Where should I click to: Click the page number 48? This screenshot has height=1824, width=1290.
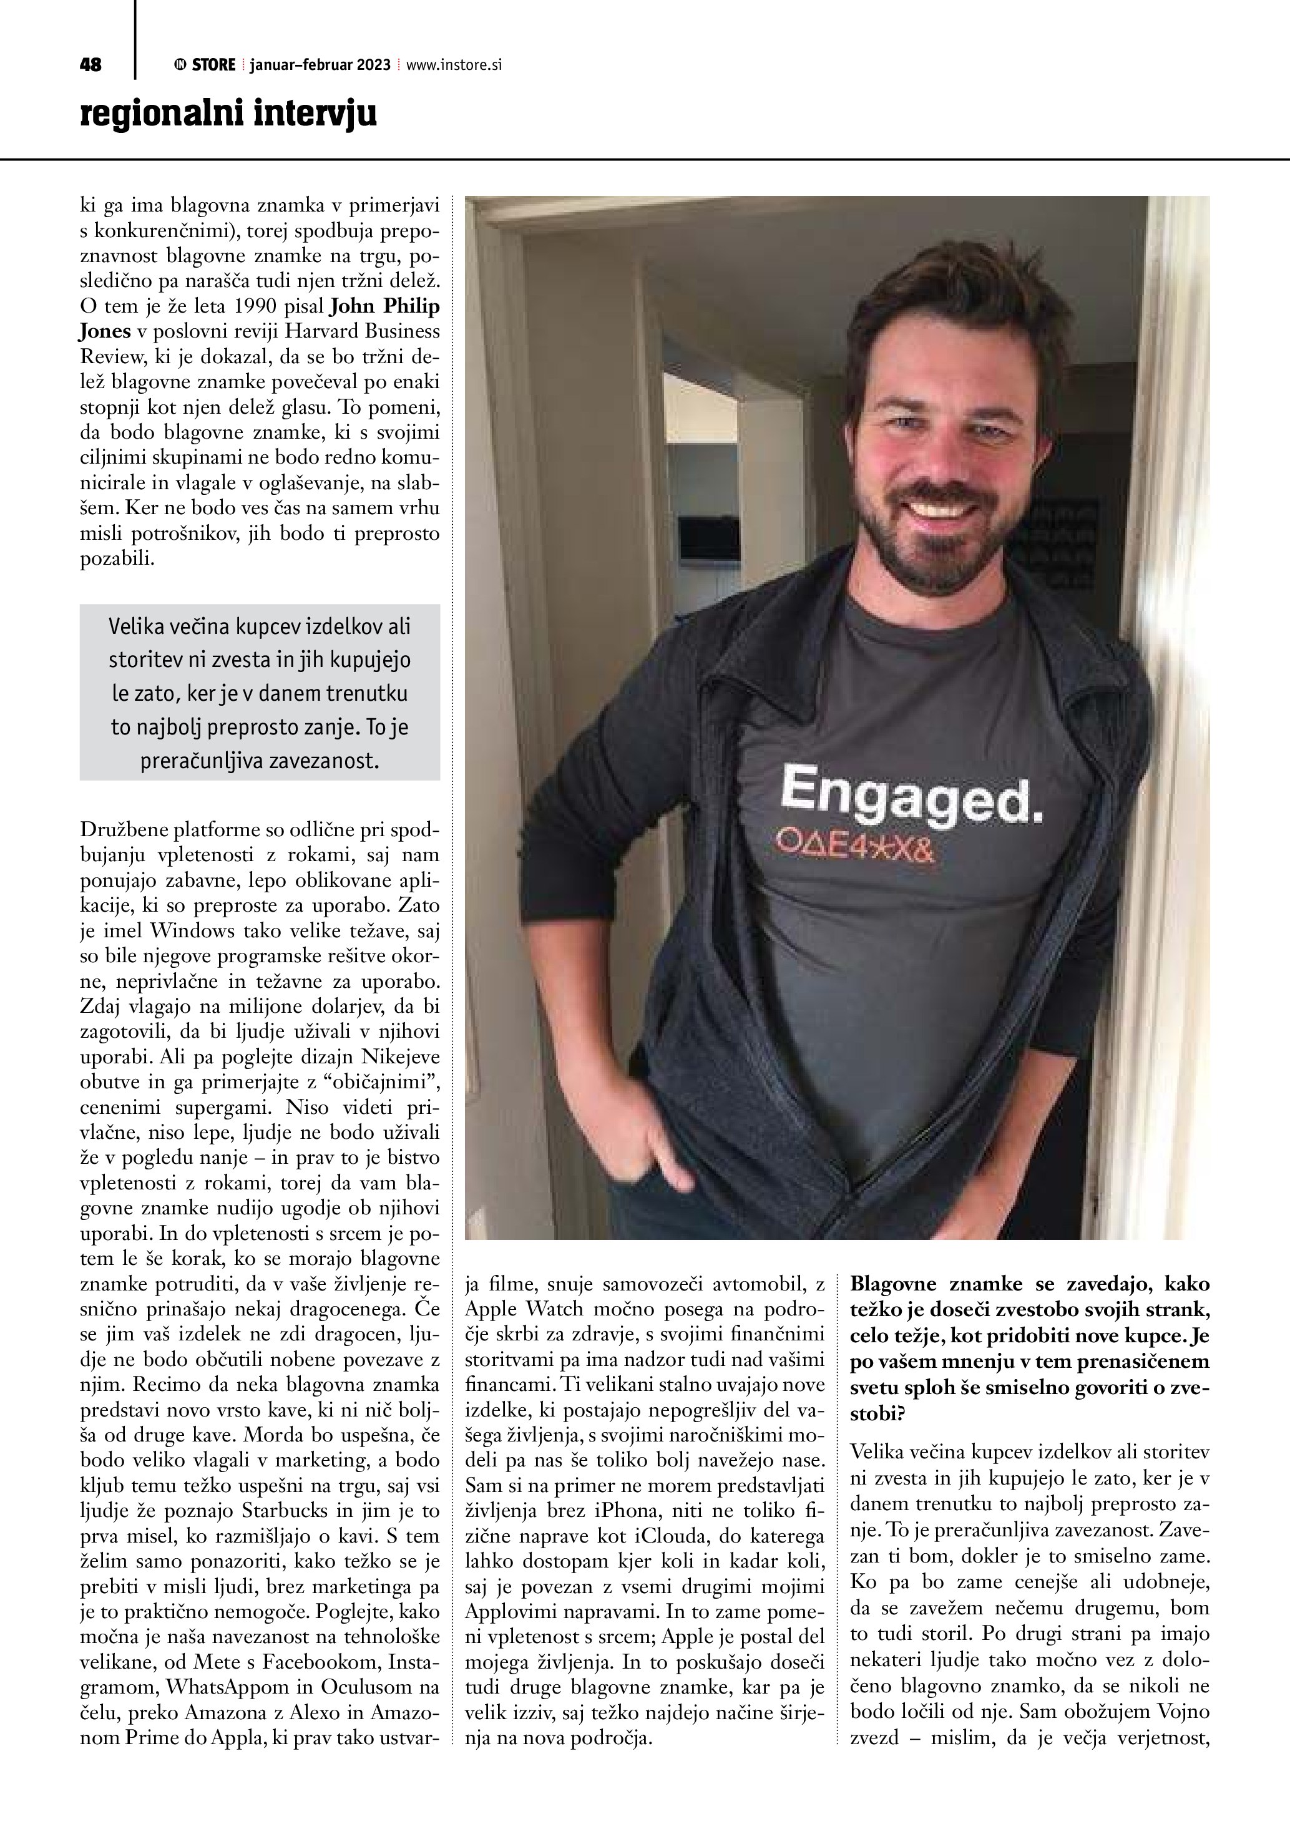(x=90, y=65)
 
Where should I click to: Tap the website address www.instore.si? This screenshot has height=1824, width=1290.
(x=454, y=65)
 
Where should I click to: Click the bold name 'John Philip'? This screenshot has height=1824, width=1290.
(x=384, y=306)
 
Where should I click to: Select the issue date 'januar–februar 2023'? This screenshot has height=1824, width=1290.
(x=320, y=65)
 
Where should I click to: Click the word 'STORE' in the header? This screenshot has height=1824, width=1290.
(x=213, y=65)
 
